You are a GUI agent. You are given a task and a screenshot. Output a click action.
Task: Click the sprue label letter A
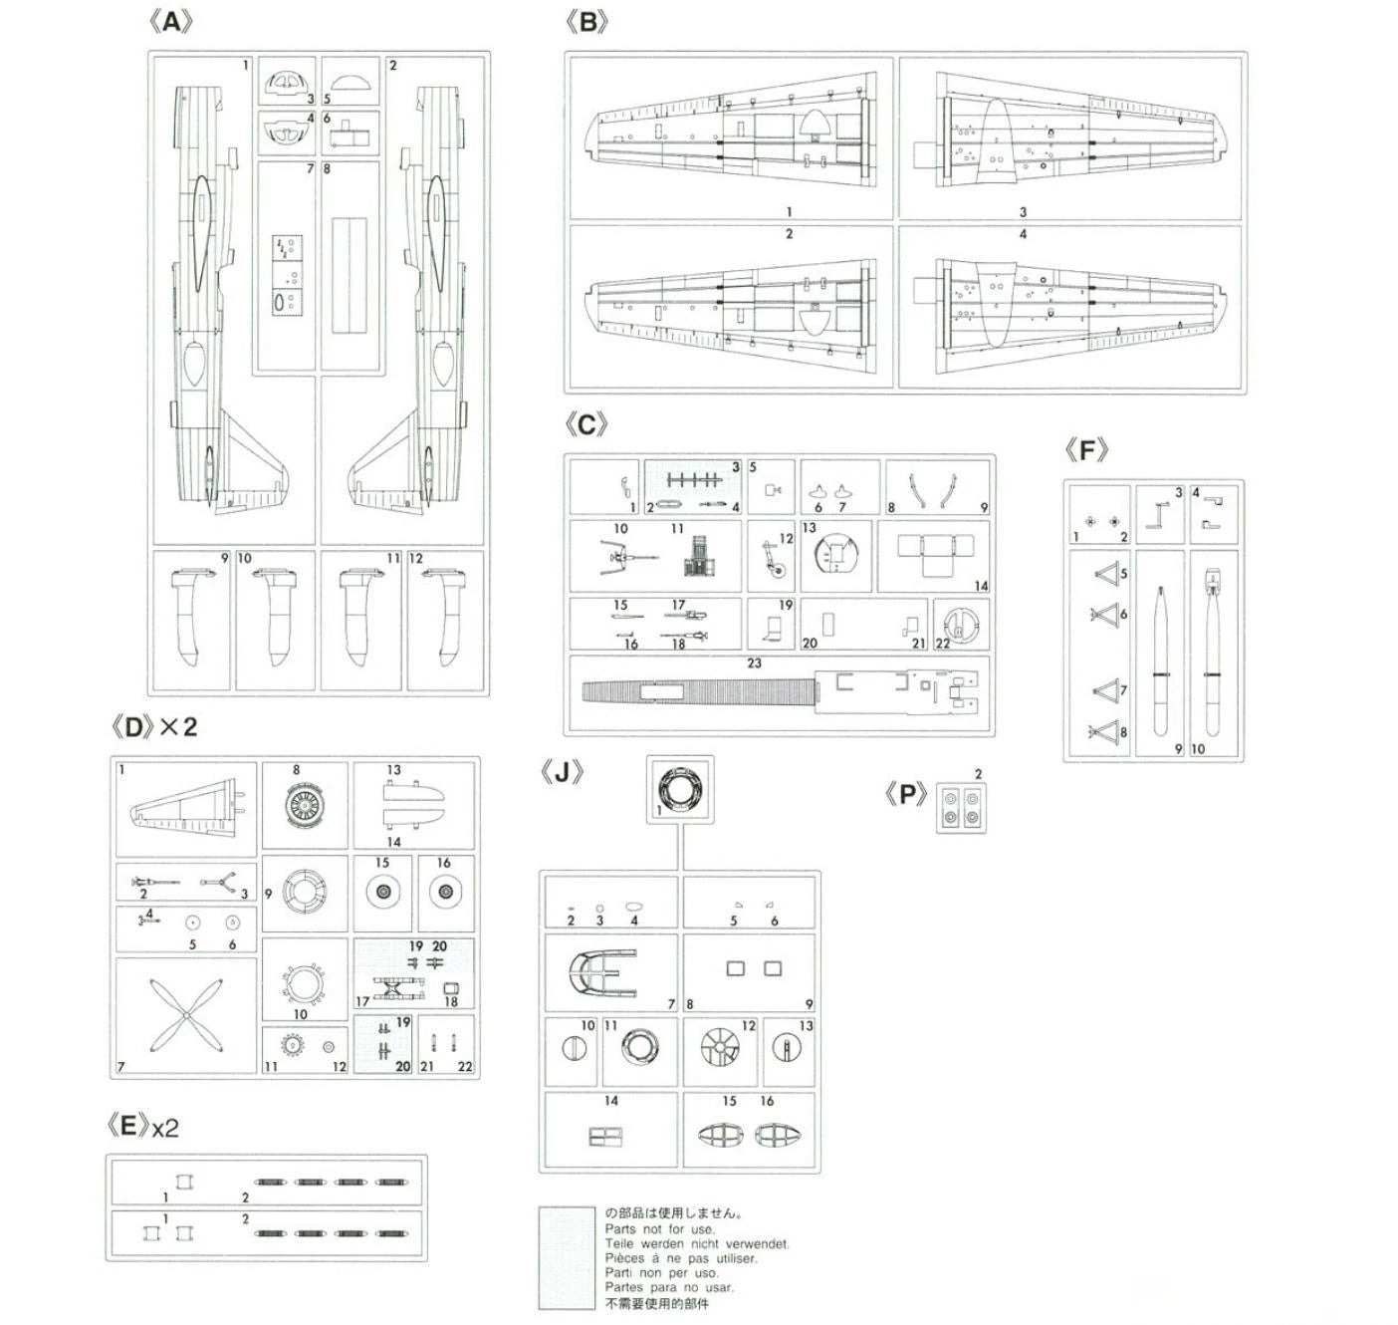click(170, 22)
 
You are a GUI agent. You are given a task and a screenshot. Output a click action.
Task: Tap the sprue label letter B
click(586, 22)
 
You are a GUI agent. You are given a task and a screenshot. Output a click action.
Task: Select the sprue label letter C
click(586, 425)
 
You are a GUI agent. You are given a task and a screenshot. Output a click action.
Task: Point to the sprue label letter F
click(1085, 450)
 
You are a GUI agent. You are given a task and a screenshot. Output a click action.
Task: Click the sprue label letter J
click(564, 773)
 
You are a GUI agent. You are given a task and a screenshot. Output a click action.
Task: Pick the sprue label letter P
click(906, 795)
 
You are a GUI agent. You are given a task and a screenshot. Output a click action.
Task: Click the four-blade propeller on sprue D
click(186, 1015)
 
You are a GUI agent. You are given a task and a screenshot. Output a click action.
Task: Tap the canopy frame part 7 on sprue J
click(601, 972)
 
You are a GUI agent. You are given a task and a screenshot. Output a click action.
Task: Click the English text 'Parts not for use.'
click(659, 1229)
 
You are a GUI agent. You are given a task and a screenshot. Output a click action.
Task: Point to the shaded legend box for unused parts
click(566, 1257)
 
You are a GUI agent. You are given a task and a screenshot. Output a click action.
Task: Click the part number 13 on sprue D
click(394, 770)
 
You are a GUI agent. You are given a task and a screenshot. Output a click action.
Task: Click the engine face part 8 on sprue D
click(305, 805)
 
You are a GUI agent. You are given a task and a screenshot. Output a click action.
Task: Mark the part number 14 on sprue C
click(981, 586)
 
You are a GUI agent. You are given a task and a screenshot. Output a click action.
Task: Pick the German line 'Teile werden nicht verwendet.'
click(697, 1243)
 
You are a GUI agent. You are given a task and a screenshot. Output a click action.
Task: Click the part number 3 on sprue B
click(1023, 212)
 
